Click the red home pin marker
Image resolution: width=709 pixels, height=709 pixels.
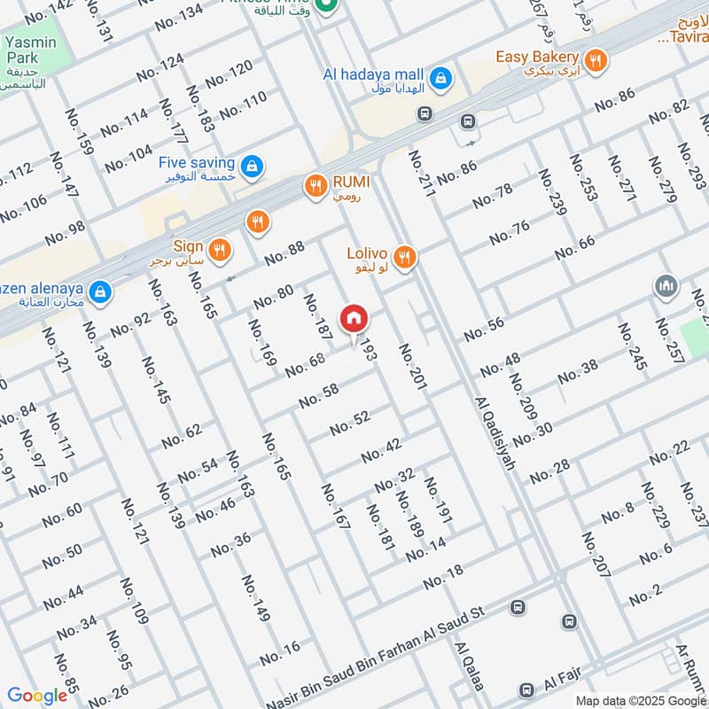click(353, 318)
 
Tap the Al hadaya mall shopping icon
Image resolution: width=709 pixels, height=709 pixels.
click(440, 82)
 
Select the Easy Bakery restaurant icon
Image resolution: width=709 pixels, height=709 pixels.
click(597, 61)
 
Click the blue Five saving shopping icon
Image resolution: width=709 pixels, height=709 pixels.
click(253, 166)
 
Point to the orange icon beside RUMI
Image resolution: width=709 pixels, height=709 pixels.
click(314, 186)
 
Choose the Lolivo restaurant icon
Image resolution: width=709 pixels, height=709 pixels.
click(404, 258)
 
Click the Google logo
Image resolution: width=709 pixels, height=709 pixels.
click(37, 695)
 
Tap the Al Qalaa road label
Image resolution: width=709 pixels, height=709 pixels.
click(469, 678)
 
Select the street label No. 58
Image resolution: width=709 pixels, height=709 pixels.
click(318, 396)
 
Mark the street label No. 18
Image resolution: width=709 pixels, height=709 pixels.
click(443, 577)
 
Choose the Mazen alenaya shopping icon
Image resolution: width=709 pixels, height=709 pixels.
click(101, 290)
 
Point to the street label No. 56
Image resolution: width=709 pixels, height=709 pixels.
click(483, 329)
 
